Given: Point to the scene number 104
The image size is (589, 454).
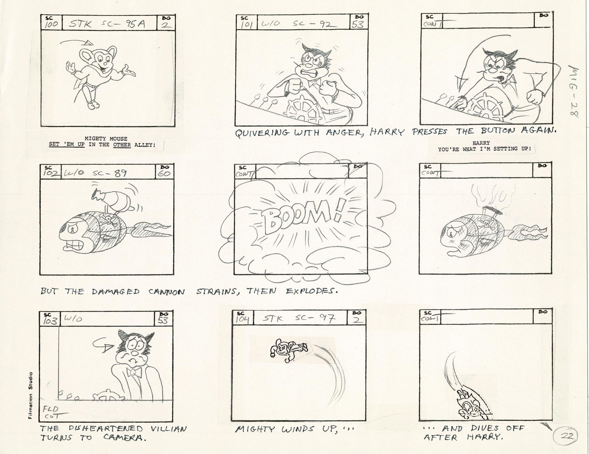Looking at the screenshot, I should [243, 319].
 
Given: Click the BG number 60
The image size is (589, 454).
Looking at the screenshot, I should [165, 173].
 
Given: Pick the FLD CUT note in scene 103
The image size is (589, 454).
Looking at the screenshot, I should [51, 412].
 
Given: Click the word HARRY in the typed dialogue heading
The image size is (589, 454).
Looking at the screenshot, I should [484, 143].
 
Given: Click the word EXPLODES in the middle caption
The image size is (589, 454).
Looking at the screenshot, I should [312, 291].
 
